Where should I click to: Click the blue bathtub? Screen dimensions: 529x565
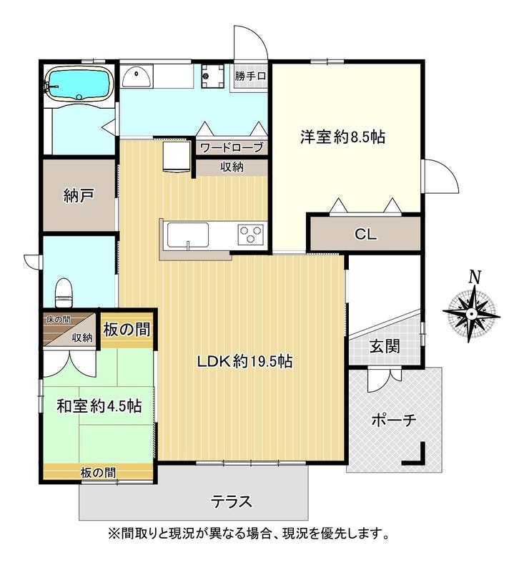79,84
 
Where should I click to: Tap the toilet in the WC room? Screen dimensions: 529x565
65,293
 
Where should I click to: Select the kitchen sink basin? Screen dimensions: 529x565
187,235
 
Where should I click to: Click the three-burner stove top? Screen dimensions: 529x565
251,235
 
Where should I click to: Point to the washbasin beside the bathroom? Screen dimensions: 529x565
137,76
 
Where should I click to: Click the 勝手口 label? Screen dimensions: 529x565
251,76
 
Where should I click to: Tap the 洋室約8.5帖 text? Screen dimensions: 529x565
342,137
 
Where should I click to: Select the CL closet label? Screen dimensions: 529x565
365,235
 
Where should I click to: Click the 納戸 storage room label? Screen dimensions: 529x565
79,196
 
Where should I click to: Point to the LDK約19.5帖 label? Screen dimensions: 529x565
245,361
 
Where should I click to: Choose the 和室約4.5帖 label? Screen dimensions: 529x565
99,406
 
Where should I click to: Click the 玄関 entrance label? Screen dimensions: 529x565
385,347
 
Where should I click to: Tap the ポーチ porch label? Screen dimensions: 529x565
394,420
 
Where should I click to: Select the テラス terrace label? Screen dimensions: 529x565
231,501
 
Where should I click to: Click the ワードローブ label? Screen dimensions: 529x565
232,147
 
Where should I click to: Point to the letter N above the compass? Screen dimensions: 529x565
475,277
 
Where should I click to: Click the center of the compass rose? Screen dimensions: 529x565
471,314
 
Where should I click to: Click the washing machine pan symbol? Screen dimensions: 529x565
212,76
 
